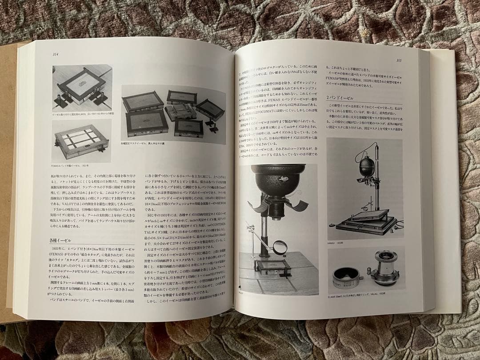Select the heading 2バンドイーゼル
pos(340,98)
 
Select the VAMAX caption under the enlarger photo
pos(334,244)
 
